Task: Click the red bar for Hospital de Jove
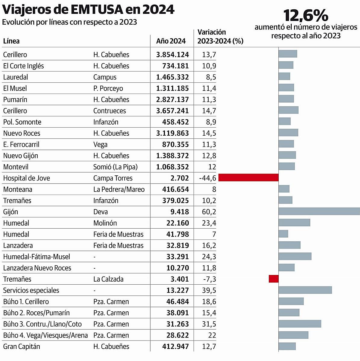coord(248,177)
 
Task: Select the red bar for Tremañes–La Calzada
coord(274,279)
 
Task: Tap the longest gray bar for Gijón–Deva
coord(319,211)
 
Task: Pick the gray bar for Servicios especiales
coord(305,290)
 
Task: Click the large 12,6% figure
coord(306,15)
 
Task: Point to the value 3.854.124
coord(172,55)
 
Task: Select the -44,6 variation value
coord(207,178)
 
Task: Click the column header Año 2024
coord(171,41)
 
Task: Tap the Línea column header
coord(11,41)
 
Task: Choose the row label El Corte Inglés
coord(23,66)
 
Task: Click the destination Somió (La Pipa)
coord(115,167)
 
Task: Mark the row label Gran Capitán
coord(21,347)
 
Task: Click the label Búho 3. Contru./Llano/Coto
coord(42,324)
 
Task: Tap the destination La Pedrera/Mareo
coord(119,190)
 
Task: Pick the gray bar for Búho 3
coord(300,324)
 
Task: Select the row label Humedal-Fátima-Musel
coord(36,257)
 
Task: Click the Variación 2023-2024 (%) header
coord(220,37)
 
